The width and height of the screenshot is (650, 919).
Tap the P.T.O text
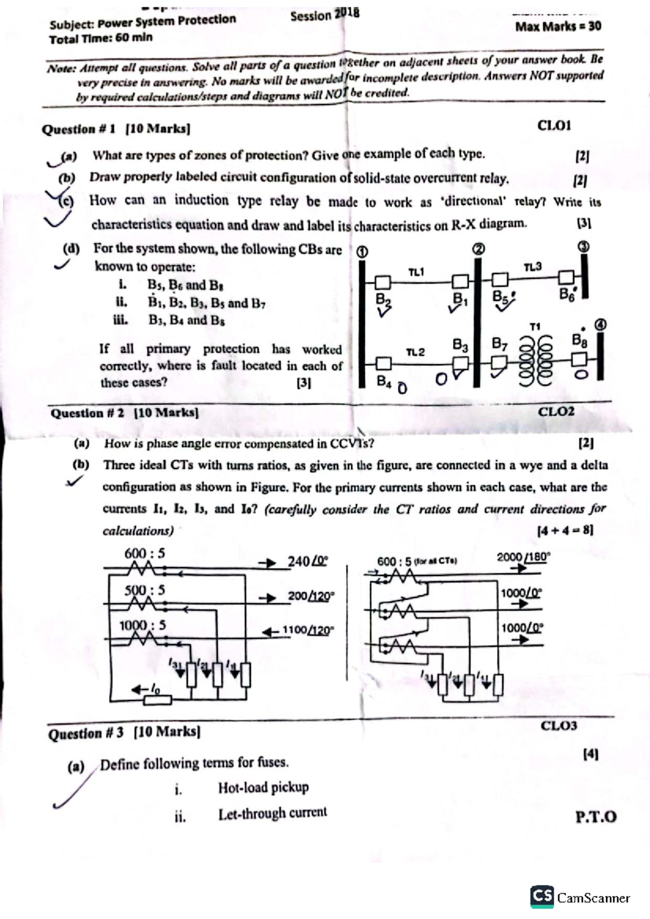pos(596,817)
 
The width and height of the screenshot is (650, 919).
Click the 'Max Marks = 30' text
pos(558,26)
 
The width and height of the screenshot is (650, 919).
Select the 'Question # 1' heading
pos(79,129)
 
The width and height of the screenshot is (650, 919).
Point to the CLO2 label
pos(556,411)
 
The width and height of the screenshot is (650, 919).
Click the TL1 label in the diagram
pos(416,272)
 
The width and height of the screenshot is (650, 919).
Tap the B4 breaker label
pos(383,382)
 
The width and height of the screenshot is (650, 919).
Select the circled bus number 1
pos(362,252)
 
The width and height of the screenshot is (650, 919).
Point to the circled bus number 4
pos(601,325)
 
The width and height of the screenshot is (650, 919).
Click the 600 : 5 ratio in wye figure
pos(144,554)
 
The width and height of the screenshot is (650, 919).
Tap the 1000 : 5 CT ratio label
pos(142,626)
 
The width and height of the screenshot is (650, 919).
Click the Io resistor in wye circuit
pos(157,700)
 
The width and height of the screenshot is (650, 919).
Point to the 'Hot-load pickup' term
pos(263,787)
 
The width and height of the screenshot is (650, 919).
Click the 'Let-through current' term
pos(272,813)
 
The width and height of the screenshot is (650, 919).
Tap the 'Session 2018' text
pos(324,15)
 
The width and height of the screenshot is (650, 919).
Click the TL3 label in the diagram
pos(532,267)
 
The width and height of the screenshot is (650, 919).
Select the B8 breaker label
pos(579,340)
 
